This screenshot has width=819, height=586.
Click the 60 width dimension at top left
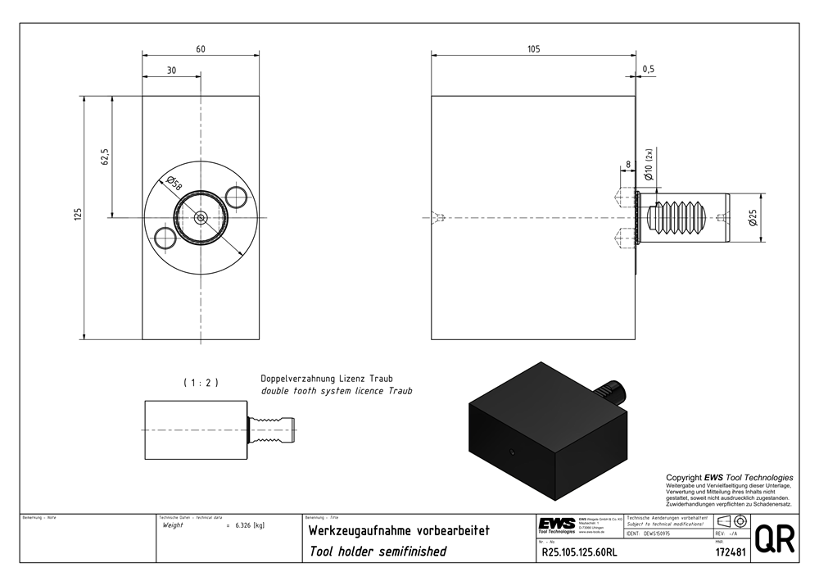coord(201,49)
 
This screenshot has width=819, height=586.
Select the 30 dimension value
coord(171,70)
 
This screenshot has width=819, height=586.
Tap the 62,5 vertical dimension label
coord(105,157)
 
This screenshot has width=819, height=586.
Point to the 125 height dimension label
coord(78,216)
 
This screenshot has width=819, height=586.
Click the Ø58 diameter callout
coord(174,184)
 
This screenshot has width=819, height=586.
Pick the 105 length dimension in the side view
coord(533,49)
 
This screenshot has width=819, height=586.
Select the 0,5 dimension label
coord(649,70)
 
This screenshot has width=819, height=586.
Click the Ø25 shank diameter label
coord(753,217)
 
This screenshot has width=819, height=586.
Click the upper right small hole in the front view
coord(237,197)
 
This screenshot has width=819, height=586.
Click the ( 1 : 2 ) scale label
coord(201,382)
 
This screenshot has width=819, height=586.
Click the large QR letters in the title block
coord(773,539)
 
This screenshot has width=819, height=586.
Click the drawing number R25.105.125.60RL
coord(578,552)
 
